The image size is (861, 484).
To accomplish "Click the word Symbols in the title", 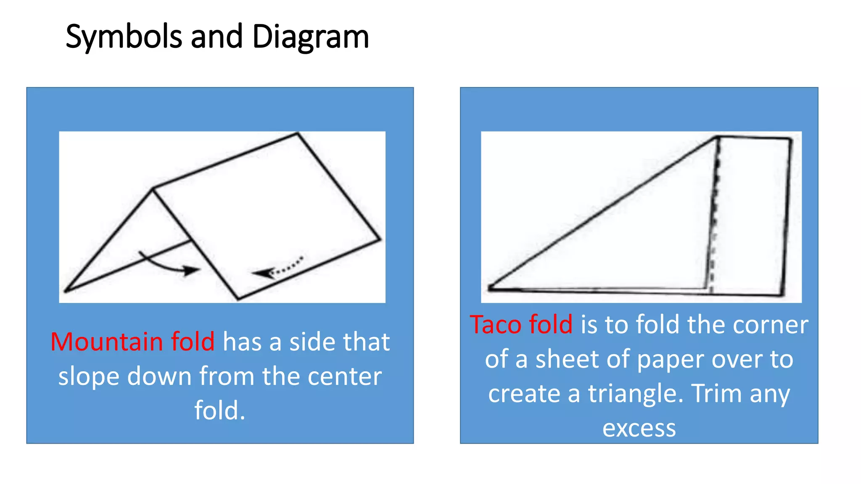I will coord(124,37).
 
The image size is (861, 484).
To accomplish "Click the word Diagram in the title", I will coord(310,37).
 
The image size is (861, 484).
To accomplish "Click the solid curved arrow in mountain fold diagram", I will coord(168,264).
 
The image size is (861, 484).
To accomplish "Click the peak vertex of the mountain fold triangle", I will coord(153,189).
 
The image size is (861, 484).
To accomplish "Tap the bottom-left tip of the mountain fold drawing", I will coord(66,290).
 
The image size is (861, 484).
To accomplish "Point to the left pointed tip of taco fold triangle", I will coord(490,288).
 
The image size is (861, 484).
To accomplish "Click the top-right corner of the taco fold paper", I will coord(790,139).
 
